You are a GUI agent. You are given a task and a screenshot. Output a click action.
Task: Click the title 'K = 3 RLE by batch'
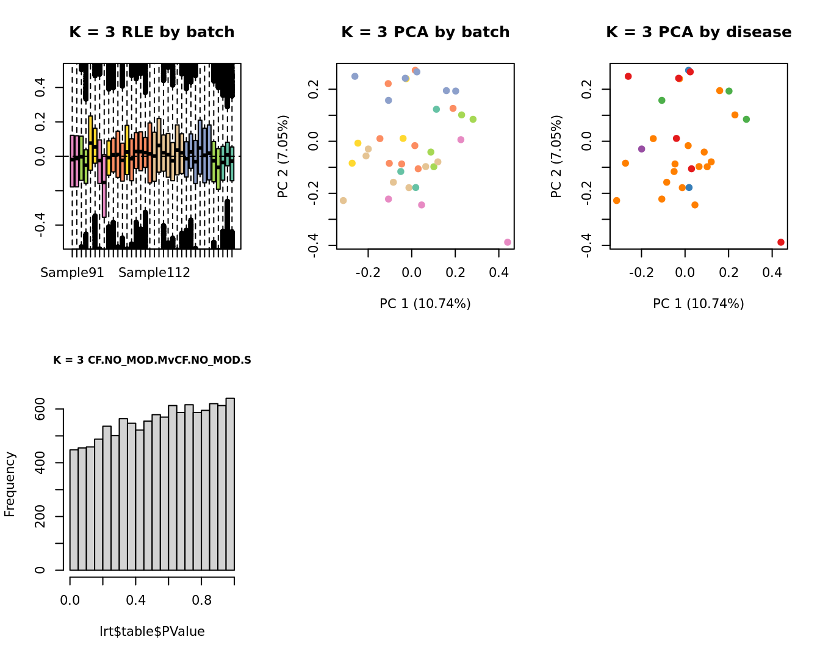tap(152, 32)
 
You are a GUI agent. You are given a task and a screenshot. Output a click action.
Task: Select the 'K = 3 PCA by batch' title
tap(425, 32)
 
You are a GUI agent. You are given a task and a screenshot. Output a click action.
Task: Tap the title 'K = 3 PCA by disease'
tap(699, 32)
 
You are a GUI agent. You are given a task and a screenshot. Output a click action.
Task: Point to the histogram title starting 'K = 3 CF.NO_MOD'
tap(152, 360)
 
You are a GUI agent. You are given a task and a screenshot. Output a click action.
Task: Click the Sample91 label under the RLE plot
tap(72, 273)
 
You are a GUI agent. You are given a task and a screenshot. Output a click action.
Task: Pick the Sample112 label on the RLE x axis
tap(154, 273)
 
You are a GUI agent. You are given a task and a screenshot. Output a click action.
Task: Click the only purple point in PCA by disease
tap(641, 149)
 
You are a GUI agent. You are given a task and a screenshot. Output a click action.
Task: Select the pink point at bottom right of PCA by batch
tap(508, 242)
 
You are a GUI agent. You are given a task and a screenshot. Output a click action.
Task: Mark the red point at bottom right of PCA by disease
tap(781, 242)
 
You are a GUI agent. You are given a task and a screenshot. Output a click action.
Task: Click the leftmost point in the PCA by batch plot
tap(343, 200)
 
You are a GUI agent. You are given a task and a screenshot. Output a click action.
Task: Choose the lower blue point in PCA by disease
tap(689, 187)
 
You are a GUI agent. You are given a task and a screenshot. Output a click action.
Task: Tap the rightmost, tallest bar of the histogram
tap(230, 484)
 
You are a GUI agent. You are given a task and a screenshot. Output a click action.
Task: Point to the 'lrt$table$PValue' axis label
tap(152, 632)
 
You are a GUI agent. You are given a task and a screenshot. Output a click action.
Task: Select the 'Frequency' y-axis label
tap(10, 484)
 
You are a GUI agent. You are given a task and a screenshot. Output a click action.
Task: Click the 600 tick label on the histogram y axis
tap(40, 409)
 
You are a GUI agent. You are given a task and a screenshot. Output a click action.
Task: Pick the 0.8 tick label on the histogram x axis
tap(202, 600)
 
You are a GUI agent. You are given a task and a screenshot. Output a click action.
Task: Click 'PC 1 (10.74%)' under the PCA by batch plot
tap(425, 303)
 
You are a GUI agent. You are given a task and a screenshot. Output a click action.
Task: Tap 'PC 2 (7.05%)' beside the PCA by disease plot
tap(556, 156)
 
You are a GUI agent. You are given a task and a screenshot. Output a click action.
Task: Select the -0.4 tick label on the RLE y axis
tap(40, 225)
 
